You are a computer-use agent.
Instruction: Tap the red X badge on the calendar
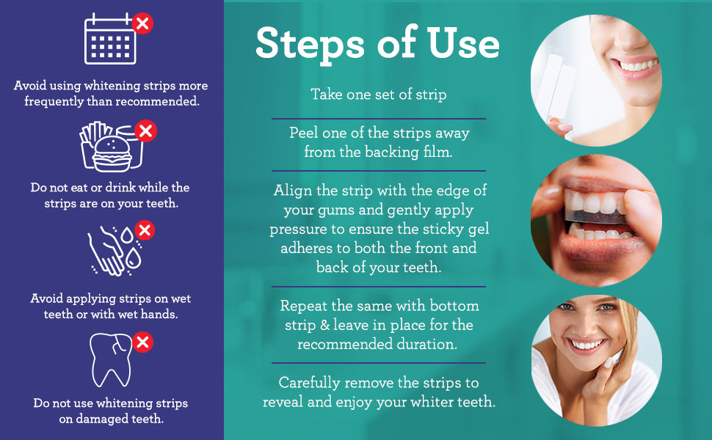tap(143, 23)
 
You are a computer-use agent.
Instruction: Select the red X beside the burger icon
tap(146, 131)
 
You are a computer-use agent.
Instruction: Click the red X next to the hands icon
tap(145, 231)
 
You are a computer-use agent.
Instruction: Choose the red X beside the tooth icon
tap(143, 342)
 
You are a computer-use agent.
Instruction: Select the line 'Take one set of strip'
tap(378, 95)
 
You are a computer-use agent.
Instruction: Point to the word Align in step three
tap(294, 191)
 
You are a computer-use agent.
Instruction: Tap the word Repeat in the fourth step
tap(305, 305)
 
